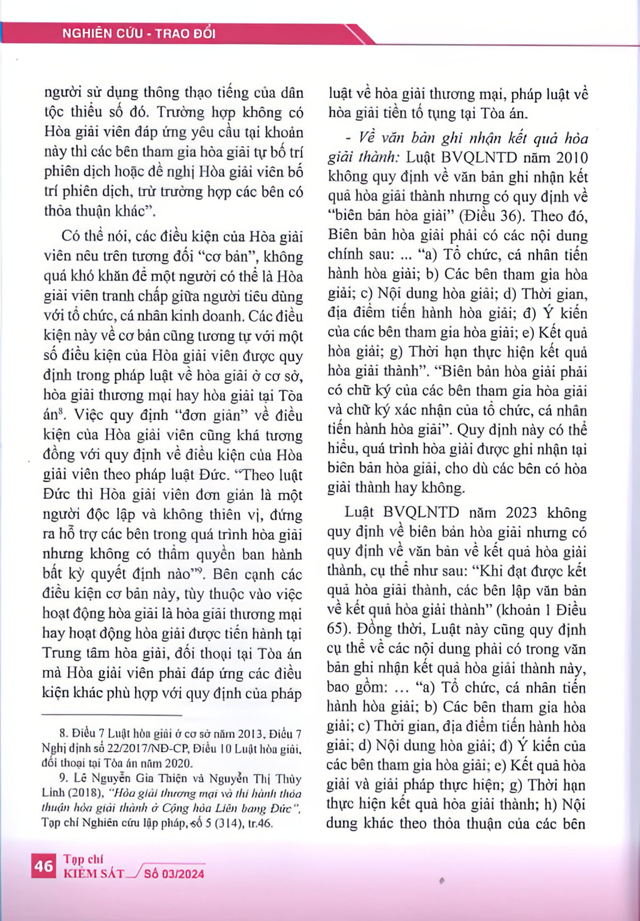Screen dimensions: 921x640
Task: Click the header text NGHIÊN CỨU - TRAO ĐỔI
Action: [139, 34]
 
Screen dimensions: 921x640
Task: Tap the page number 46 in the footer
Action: [43, 866]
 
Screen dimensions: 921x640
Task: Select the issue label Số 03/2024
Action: [174, 874]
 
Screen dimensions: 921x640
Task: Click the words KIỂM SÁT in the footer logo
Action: [94, 874]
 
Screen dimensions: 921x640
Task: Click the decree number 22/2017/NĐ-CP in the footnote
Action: [130, 748]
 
